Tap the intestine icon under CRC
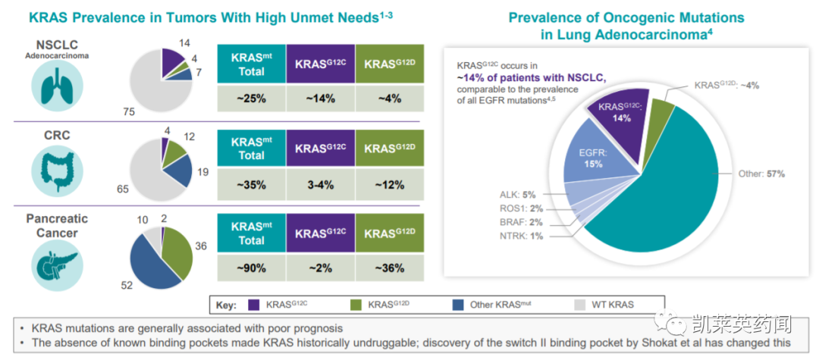[x=56, y=167]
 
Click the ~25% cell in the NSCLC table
[x=251, y=99]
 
